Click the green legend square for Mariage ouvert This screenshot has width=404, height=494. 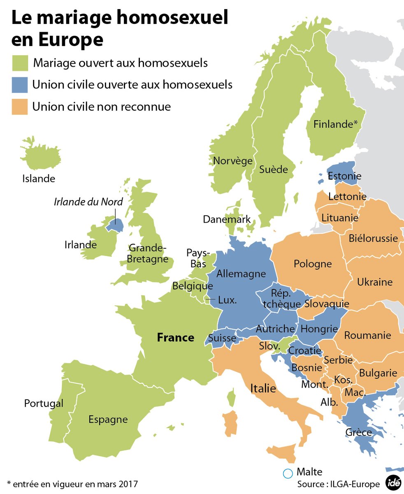point(19,63)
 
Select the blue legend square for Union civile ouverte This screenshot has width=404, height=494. point(19,85)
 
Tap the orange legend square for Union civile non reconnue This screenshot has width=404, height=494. point(19,107)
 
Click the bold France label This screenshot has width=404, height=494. point(176,338)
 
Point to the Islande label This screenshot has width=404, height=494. point(39,179)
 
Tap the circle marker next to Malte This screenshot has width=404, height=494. point(288,474)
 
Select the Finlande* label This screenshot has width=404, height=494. point(335,124)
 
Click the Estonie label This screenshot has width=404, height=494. point(344,176)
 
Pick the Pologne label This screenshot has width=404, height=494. point(313,263)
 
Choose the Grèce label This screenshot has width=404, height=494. point(359,432)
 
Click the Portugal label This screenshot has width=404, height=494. point(44,403)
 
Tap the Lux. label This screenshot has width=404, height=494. point(227,300)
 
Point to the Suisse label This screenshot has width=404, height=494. point(222,338)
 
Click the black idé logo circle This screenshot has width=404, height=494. point(393,482)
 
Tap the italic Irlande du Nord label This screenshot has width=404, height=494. point(88,201)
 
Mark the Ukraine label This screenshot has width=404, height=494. point(374,282)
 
